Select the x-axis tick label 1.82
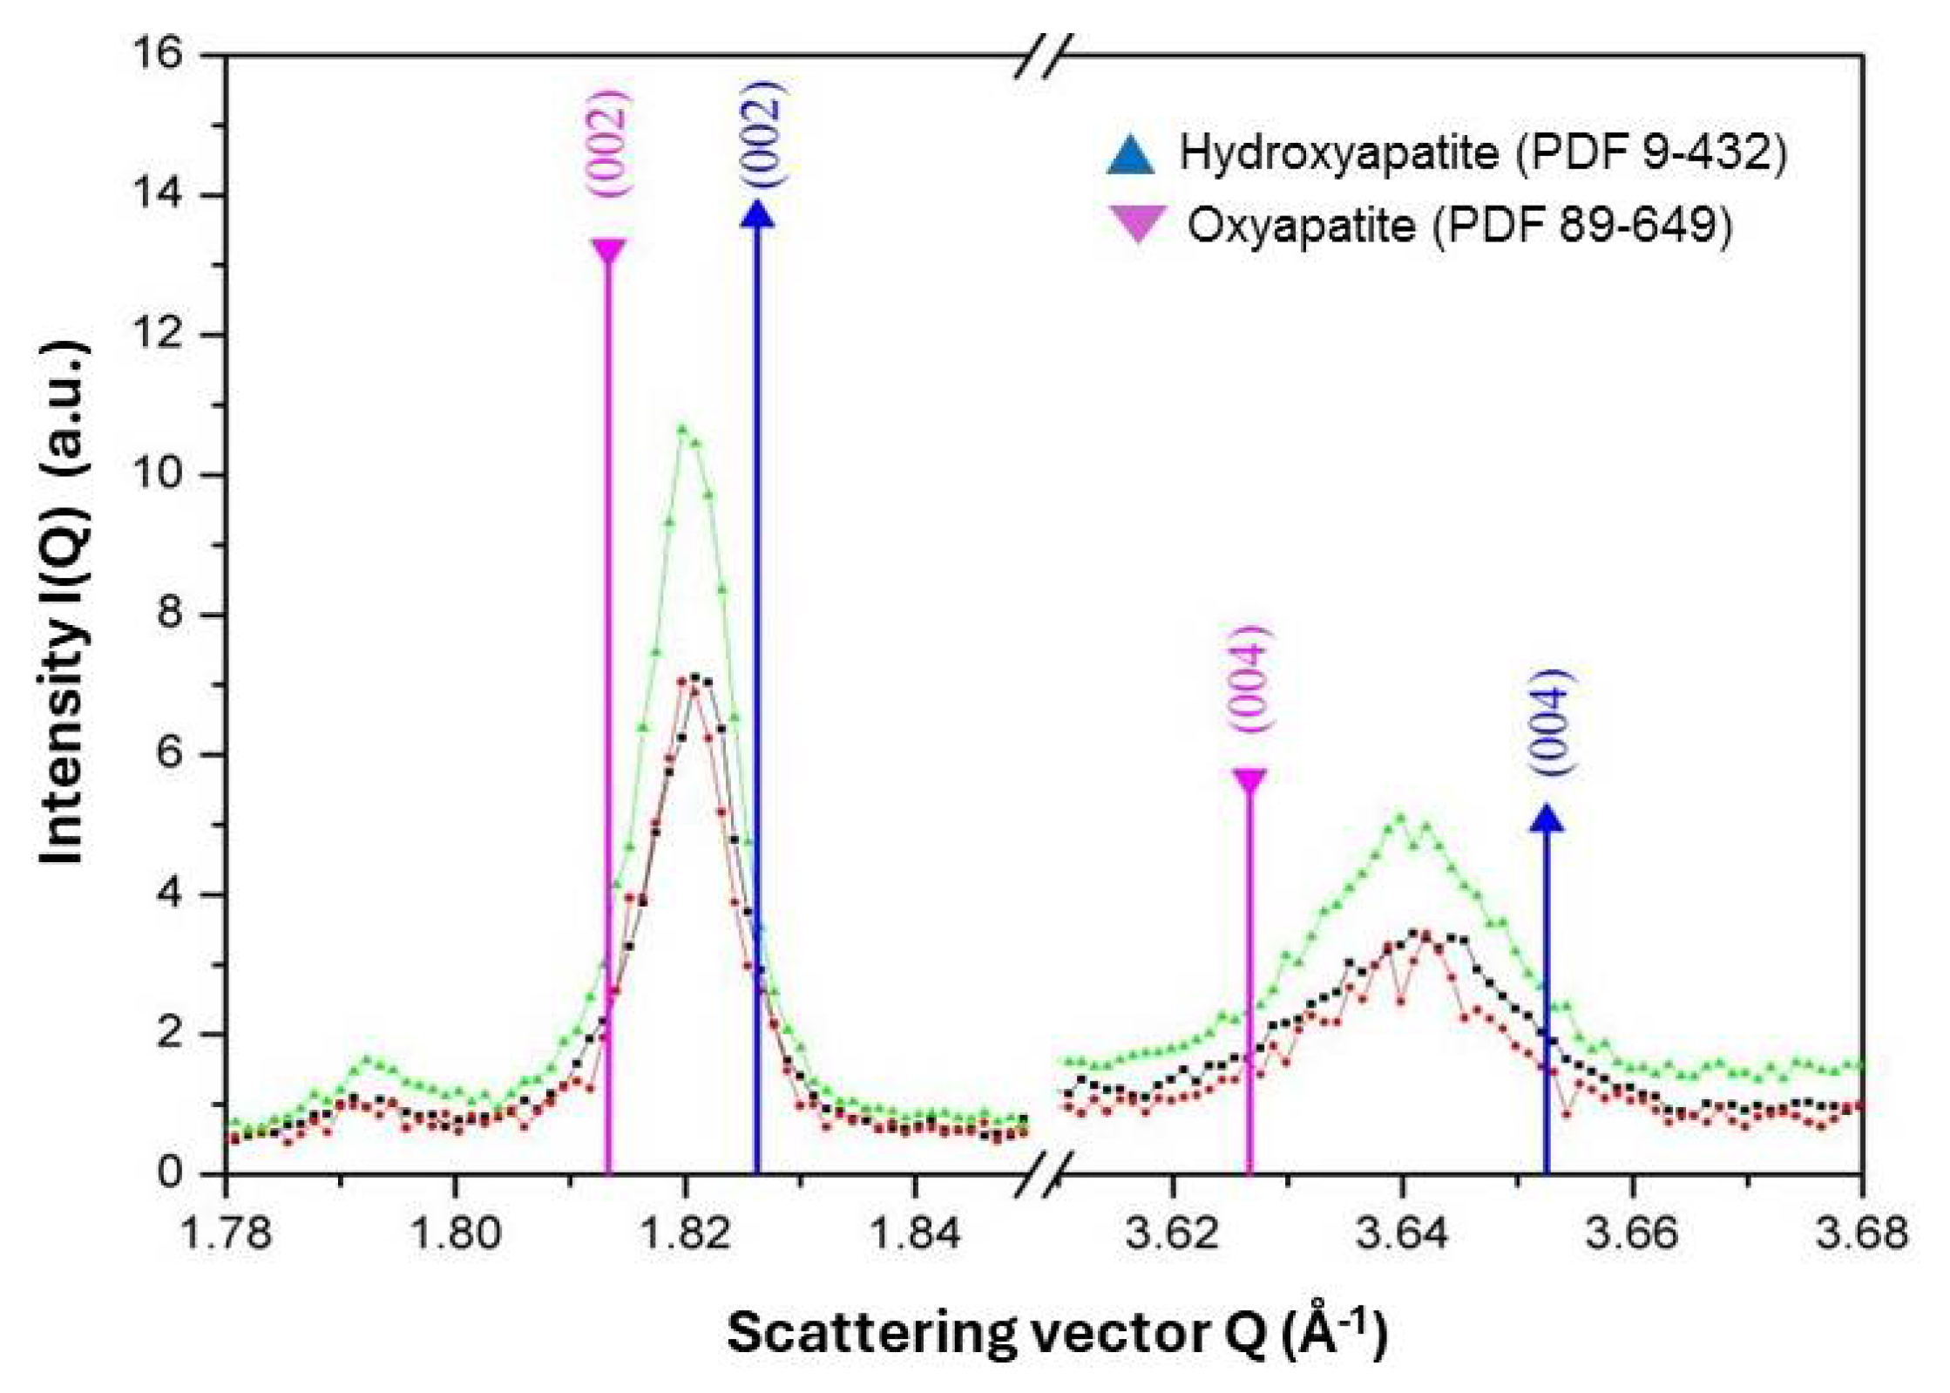(686, 1233)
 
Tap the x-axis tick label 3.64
(1402, 1233)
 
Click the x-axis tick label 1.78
(226, 1233)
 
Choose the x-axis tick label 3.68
(1862, 1233)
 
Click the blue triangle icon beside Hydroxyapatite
(1131, 154)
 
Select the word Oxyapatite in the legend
(1301, 226)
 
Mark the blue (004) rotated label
(1552, 722)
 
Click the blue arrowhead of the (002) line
(757, 214)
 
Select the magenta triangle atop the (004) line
(1249, 780)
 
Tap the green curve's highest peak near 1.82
(683, 428)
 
